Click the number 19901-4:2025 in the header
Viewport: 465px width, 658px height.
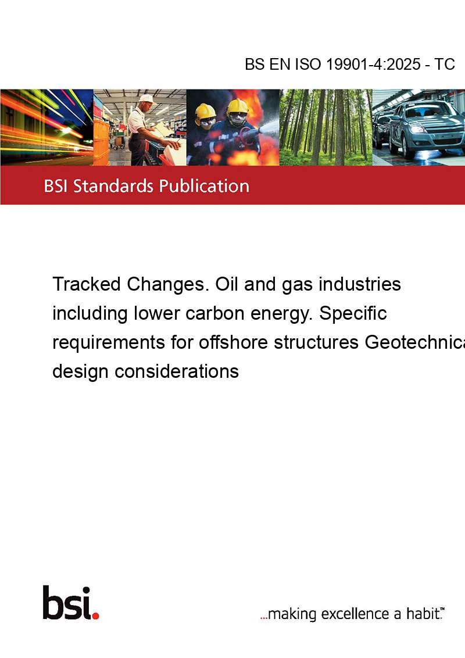tap(373, 64)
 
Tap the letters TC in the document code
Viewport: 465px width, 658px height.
tap(445, 64)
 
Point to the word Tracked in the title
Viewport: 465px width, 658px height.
tap(87, 284)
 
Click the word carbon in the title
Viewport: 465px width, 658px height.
tap(218, 313)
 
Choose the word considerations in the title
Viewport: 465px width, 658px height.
tap(177, 371)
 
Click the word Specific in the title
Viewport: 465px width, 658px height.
tap(353, 313)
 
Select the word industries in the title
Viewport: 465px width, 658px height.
tap(360, 284)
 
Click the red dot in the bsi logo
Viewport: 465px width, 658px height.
tap(95, 616)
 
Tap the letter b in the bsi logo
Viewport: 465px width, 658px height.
tap(52, 603)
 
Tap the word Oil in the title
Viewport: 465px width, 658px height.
tap(227, 284)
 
